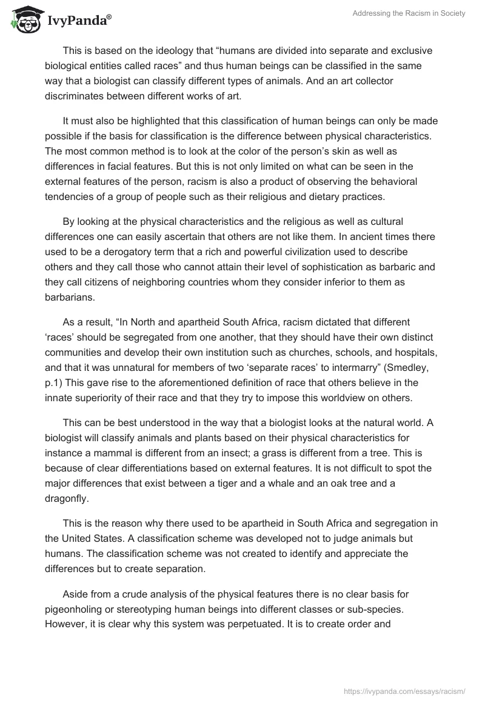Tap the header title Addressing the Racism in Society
(x=409, y=13)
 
